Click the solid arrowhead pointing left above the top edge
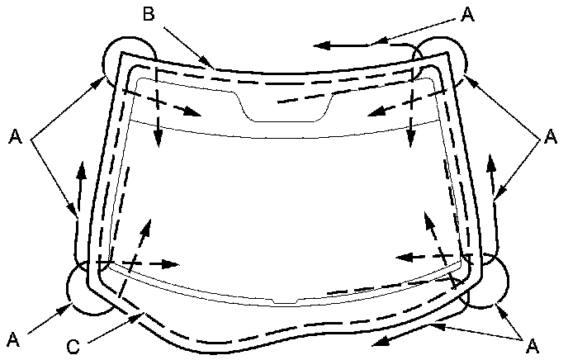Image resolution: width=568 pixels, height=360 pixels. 323,43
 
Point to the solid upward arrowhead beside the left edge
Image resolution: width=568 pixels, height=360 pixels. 82,170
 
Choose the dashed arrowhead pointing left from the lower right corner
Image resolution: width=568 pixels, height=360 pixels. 403,256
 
